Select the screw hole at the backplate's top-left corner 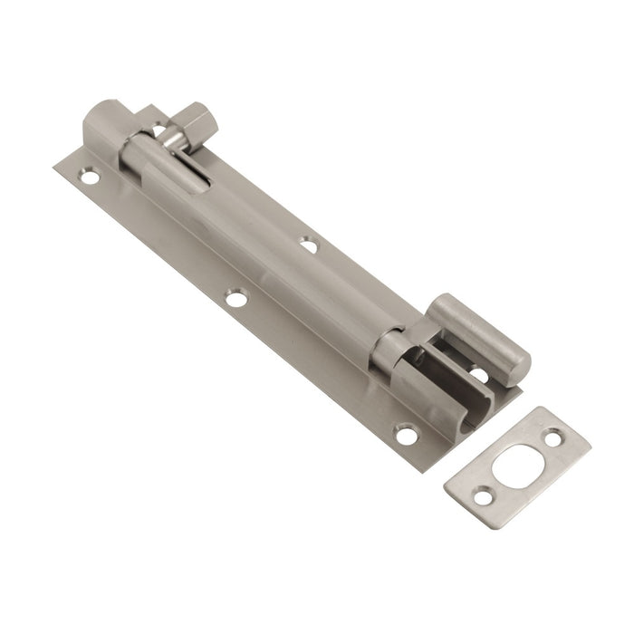click(89, 177)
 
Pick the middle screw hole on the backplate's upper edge click(310, 245)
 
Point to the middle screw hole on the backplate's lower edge click(236, 298)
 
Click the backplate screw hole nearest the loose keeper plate click(407, 435)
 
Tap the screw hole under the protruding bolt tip click(477, 372)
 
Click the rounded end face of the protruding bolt click(517, 362)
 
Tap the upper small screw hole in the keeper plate click(554, 437)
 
